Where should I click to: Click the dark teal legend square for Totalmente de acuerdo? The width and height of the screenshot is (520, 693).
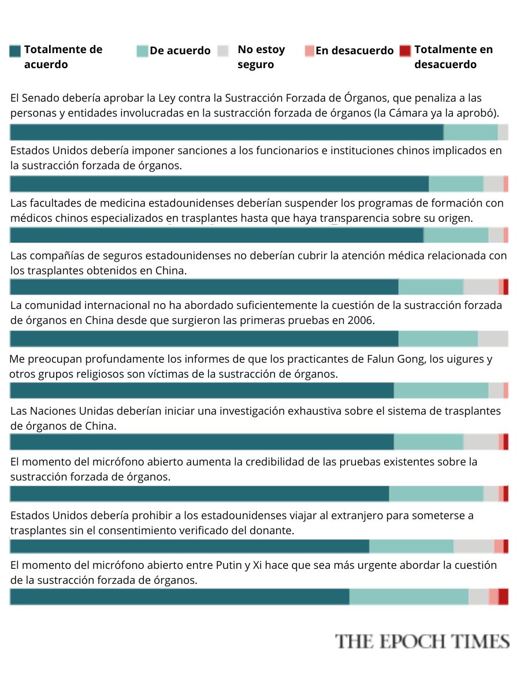15,51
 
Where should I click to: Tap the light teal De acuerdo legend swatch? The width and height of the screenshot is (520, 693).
142,51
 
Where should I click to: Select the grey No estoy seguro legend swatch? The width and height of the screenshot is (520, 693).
224,51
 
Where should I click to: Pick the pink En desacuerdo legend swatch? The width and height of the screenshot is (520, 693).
309,51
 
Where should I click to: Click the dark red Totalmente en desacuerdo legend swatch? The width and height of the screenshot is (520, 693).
406,51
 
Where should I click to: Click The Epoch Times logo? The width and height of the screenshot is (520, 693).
422,642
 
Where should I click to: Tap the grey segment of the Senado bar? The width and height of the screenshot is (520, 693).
503,132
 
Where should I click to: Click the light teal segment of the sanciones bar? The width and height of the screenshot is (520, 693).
456,184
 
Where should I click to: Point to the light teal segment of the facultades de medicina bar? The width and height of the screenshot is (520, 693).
456,235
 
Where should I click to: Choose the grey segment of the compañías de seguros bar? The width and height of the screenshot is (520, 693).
481,287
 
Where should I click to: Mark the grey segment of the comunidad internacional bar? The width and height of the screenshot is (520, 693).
493,339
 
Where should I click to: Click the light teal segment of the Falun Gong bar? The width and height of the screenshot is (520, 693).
441,390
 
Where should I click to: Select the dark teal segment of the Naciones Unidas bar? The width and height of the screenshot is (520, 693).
202,442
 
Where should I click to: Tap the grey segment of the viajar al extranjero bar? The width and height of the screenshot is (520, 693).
473,546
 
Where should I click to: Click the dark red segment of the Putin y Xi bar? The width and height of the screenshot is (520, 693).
503,597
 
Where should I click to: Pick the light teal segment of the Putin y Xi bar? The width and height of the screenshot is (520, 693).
408,597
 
